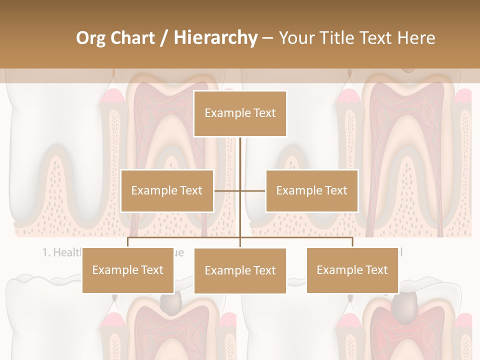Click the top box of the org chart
[x=240, y=113]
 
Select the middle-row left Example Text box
[x=167, y=190]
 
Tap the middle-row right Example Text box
[x=311, y=190]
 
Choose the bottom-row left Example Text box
[x=128, y=270]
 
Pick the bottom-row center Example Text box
[x=240, y=270]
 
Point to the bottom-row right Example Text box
[x=352, y=270]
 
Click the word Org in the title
[x=90, y=38]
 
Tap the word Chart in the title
[x=132, y=38]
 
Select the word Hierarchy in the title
[x=215, y=38]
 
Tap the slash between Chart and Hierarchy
[x=164, y=38]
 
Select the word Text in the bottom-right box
[x=375, y=270]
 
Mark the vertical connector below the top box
[x=240, y=160]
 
